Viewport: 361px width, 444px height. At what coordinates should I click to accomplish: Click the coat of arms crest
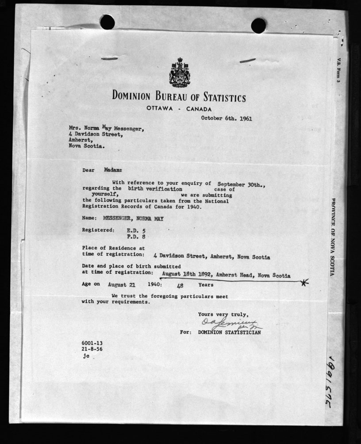point(179,73)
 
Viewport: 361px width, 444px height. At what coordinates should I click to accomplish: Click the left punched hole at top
point(107,22)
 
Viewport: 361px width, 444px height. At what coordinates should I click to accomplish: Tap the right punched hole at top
point(258,25)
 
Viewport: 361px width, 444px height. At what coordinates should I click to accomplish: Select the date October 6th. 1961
point(227,118)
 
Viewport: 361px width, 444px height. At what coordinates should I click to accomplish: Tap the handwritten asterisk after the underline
point(303,283)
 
